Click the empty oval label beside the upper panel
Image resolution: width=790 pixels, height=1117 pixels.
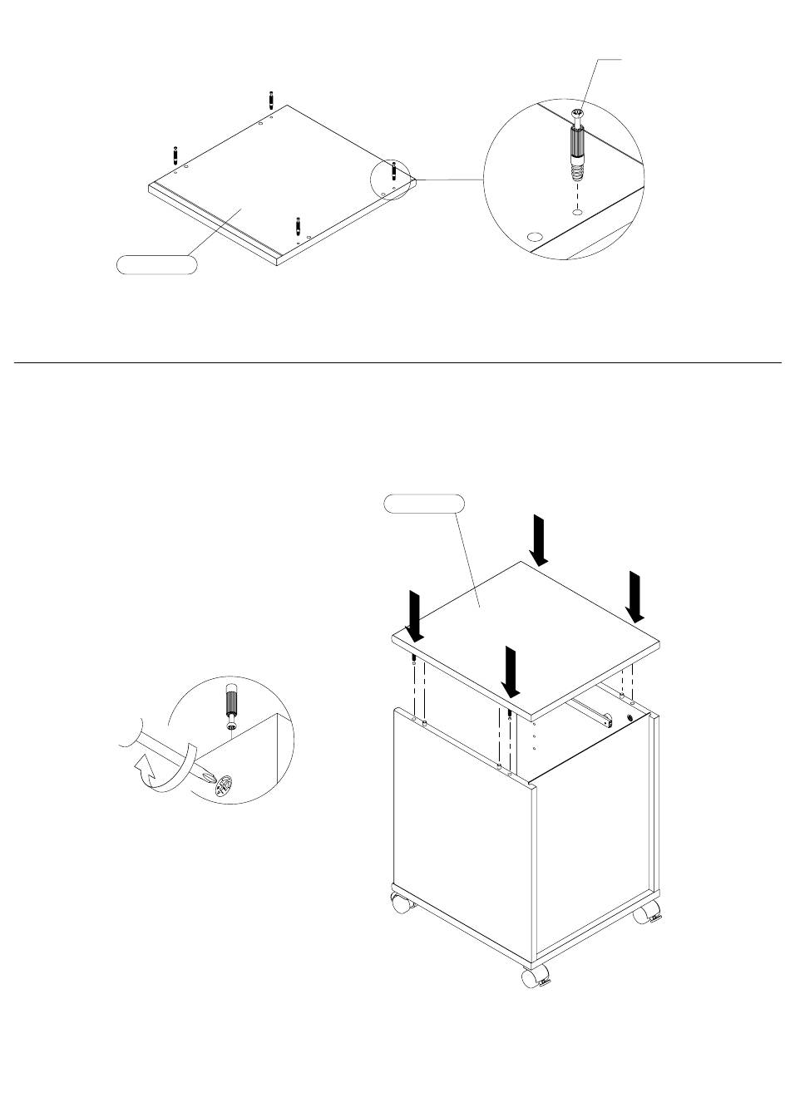coord(156,265)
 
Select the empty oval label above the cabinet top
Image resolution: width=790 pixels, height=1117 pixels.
coord(424,503)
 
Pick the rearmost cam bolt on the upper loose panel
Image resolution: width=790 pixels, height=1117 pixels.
coord(272,99)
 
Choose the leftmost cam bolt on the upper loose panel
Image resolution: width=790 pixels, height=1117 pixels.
coord(175,155)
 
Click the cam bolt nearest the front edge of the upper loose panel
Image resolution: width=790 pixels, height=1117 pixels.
coord(298,226)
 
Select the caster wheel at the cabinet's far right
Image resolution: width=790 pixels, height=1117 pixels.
coord(645,914)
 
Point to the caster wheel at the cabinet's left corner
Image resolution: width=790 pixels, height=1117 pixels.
coord(400,903)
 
